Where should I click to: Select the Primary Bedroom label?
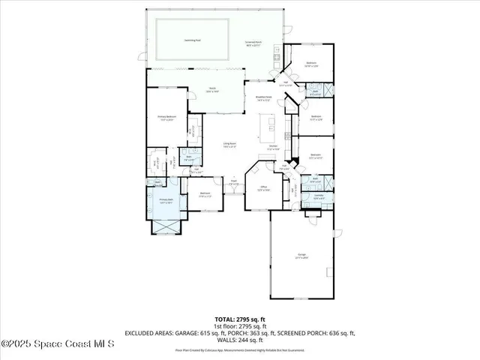(x=166, y=118)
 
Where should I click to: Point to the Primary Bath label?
(x=166, y=202)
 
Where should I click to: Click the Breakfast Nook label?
(x=263, y=97)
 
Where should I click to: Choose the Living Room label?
(x=229, y=145)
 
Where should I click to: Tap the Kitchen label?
(x=274, y=148)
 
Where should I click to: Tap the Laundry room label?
(x=318, y=196)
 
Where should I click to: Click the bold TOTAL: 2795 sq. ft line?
(x=239, y=319)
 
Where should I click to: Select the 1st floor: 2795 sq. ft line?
(x=239, y=326)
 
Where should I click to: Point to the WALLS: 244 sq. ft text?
(x=239, y=341)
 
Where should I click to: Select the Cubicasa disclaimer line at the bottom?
(x=239, y=349)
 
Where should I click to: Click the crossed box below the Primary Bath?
(x=166, y=225)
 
